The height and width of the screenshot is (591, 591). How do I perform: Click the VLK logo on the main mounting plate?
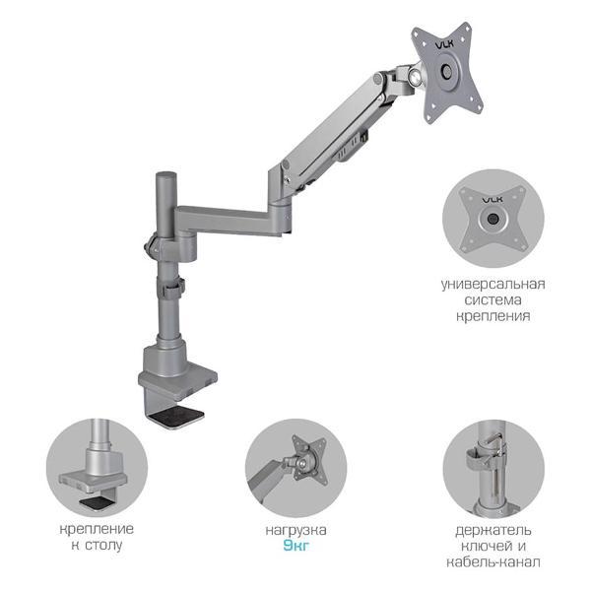445,45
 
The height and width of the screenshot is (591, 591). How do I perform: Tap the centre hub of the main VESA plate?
446,71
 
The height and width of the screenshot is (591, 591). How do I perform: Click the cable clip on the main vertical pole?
173,290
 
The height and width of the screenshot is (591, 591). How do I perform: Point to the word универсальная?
493,285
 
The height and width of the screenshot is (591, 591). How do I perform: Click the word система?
493,300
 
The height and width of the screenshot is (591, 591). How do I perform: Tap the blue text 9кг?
295,546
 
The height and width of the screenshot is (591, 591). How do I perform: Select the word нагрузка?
295,530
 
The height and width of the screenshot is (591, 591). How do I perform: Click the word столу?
103,545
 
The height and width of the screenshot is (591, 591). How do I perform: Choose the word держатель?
493,531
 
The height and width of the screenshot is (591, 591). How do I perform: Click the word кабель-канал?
493,562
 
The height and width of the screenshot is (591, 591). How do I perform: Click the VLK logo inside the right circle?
492,199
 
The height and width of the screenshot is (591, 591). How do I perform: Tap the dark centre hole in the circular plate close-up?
492,219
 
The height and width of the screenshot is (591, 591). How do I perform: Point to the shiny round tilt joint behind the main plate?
415,76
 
